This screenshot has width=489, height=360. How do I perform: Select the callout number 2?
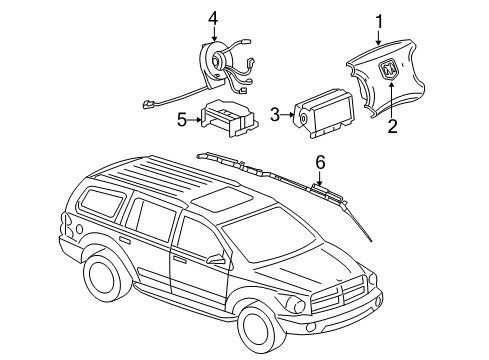pyautogui.click(x=391, y=125)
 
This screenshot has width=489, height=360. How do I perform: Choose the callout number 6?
pyautogui.click(x=320, y=161)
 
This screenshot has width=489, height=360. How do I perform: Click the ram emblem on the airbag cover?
pyautogui.click(x=388, y=71)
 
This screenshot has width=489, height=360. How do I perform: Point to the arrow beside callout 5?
pyautogui.click(x=196, y=121)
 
